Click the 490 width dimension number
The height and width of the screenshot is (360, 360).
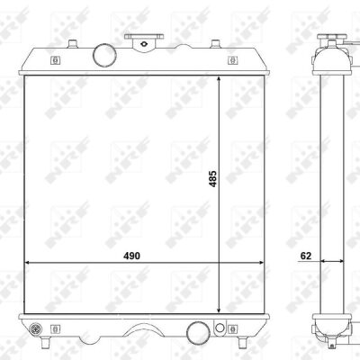(x=131, y=256)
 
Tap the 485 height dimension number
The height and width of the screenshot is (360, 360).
(x=212, y=179)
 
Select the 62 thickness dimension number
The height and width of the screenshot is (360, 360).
(x=306, y=256)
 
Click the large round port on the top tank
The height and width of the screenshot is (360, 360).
(x=104, y=55)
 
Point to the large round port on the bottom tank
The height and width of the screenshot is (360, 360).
(x=198, y=332)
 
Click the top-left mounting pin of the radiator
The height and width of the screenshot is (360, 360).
(x=73, y=44)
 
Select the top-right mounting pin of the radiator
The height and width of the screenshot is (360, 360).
(x=214, y=44)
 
